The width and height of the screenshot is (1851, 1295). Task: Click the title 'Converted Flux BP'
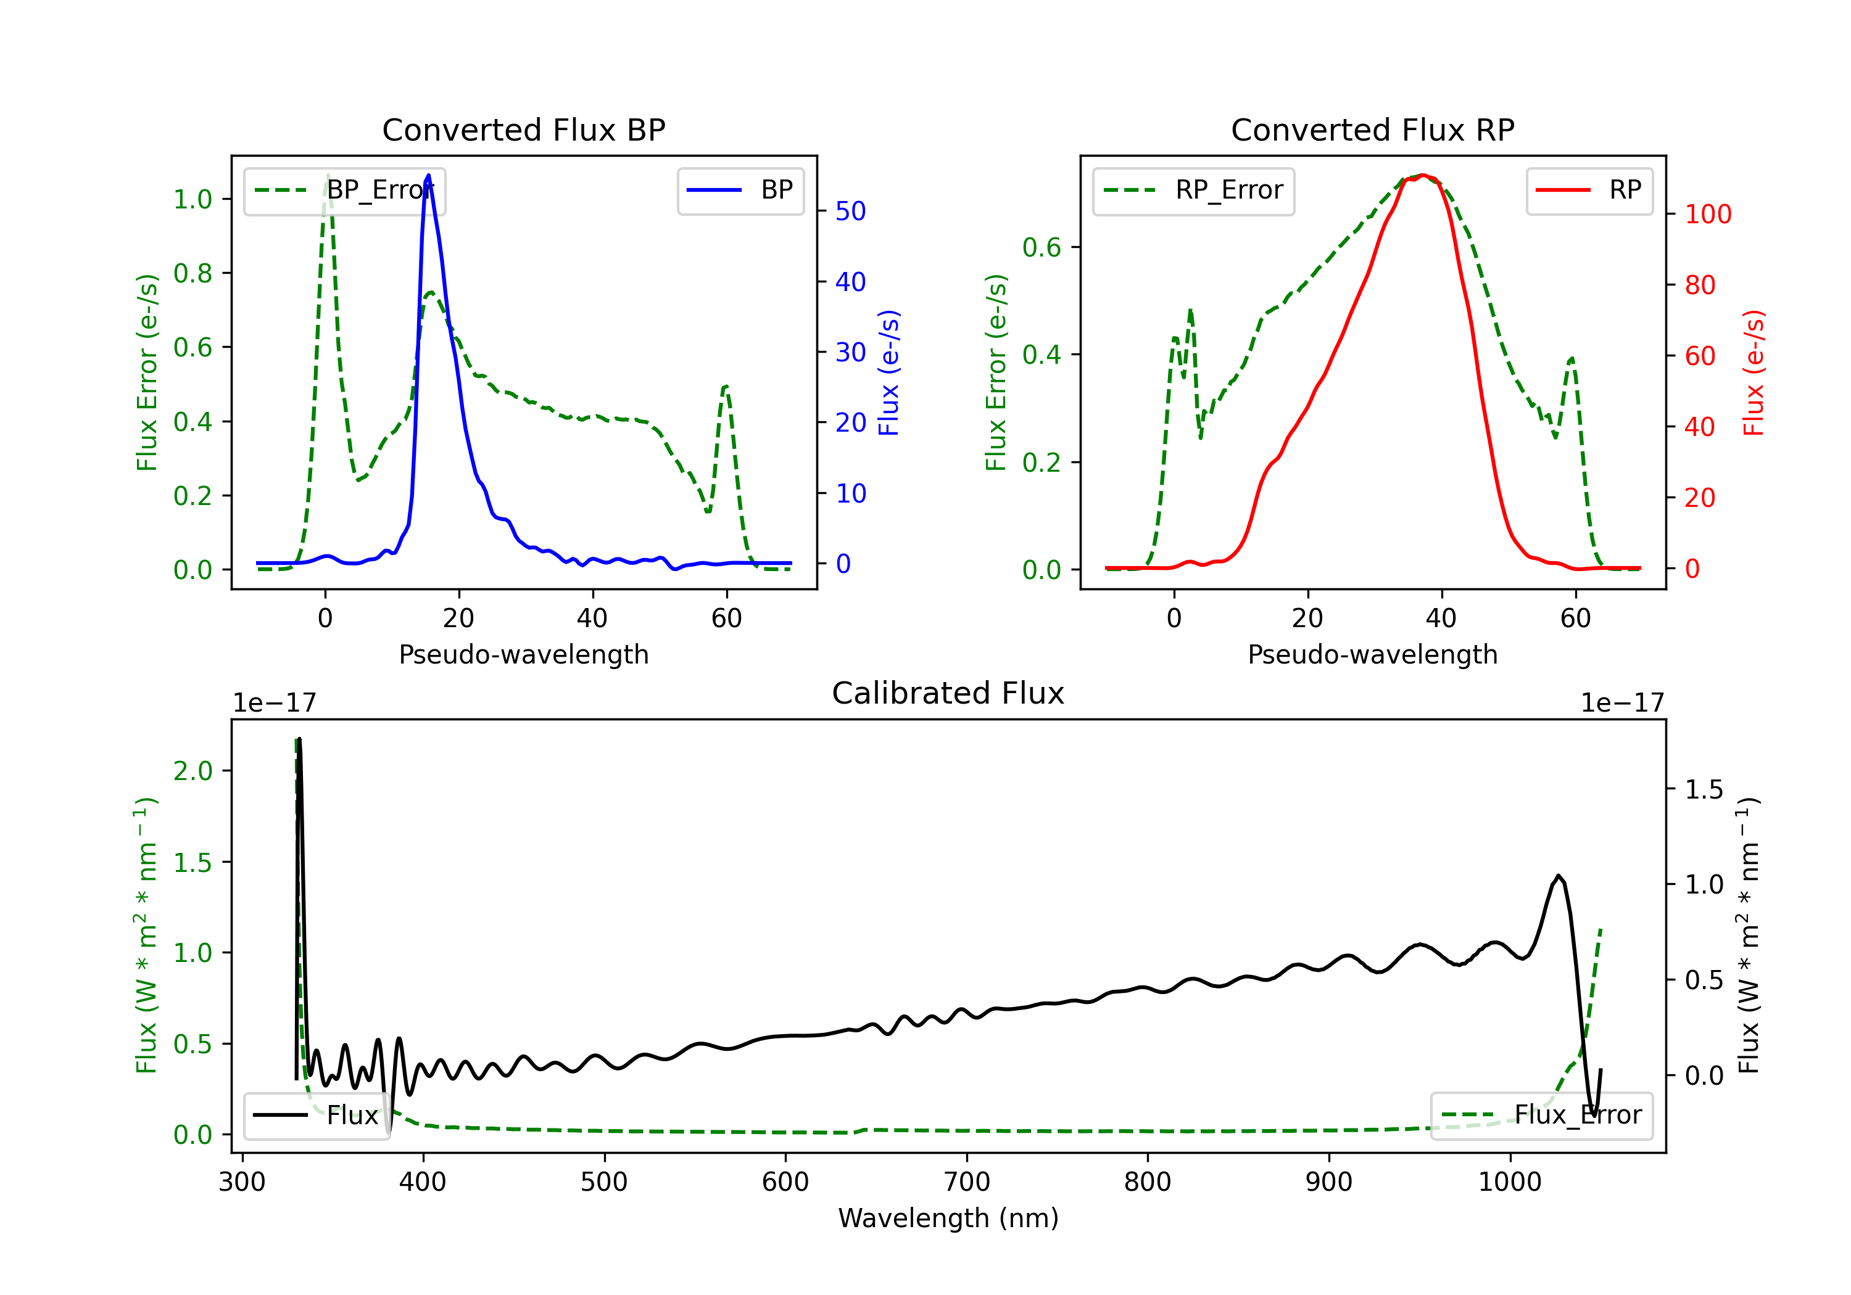[x=524, y=129]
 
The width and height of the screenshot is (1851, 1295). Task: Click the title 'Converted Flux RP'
[x=1373, y=129]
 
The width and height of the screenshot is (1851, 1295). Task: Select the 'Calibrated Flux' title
[x=948, y=693]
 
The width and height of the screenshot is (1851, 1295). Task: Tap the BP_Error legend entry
[x=344, y=190]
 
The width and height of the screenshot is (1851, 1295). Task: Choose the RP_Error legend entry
[x=1193, y=190]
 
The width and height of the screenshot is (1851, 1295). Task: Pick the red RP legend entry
[x=1589, y=190]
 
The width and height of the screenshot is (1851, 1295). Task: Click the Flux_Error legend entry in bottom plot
[x=1541, y=1116]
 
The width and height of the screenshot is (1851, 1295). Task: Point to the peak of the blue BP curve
[x=428, y=175]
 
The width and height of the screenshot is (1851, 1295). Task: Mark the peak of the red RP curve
[x=1423, y=175]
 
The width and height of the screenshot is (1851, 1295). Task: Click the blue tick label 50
[x=850, y=211]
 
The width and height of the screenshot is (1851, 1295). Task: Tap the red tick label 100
[x=1708, y=215]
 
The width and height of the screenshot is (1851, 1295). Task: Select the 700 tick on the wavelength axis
[x=967, y=1182]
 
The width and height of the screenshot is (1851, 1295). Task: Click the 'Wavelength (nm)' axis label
[x=948, y=1218]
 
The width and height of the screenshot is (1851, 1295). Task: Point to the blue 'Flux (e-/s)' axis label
[x=888, y=372]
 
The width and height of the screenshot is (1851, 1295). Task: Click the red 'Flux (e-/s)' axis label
[x=1754, y=372]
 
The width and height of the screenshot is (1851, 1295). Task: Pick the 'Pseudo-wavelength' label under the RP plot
[x=1373, y=654]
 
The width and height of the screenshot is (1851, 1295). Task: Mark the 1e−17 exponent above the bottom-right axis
[x=1622, y=703]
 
